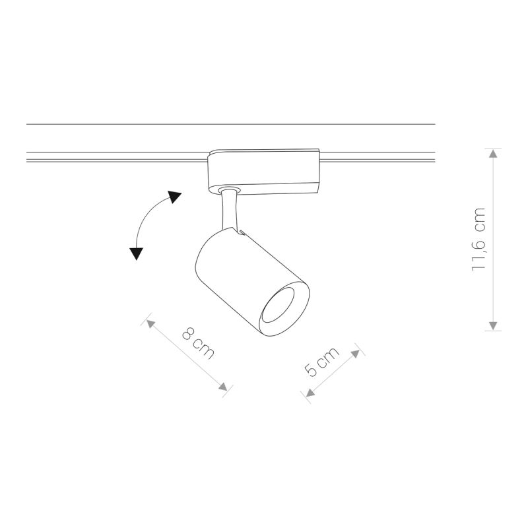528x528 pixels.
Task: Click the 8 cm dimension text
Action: tap(197, 344)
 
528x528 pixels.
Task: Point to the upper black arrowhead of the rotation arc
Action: tap(174, 197)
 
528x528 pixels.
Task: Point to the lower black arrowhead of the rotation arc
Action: tap(137, 253)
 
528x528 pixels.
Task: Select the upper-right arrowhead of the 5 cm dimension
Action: tap(357, 353)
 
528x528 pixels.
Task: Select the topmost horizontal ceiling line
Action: tap(231, 124)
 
